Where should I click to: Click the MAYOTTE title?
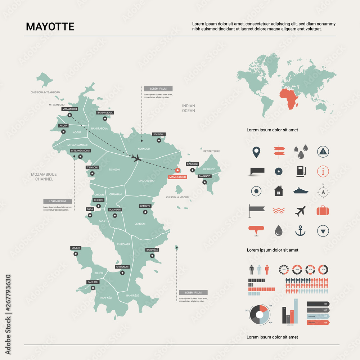click(50, 27)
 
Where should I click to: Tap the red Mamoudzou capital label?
click(177, 177)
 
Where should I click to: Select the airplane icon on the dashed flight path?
click(136, 158)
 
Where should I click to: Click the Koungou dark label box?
click(159, 134)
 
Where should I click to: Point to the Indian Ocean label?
click(188, 108)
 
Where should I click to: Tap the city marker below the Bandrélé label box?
click(152, 256)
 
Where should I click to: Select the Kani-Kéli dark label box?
click(93, 282)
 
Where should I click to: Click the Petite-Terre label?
click(211, 151)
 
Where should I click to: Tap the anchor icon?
click(301, 230)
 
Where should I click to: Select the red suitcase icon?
click(323, 211)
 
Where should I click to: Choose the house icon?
click(279, 191)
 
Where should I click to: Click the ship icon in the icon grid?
click(301, 191)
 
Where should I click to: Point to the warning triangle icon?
click(323, 152)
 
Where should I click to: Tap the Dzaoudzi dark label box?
click(192, 164)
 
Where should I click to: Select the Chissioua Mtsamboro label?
click(45, 93)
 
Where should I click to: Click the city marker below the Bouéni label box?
click(76, 254)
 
